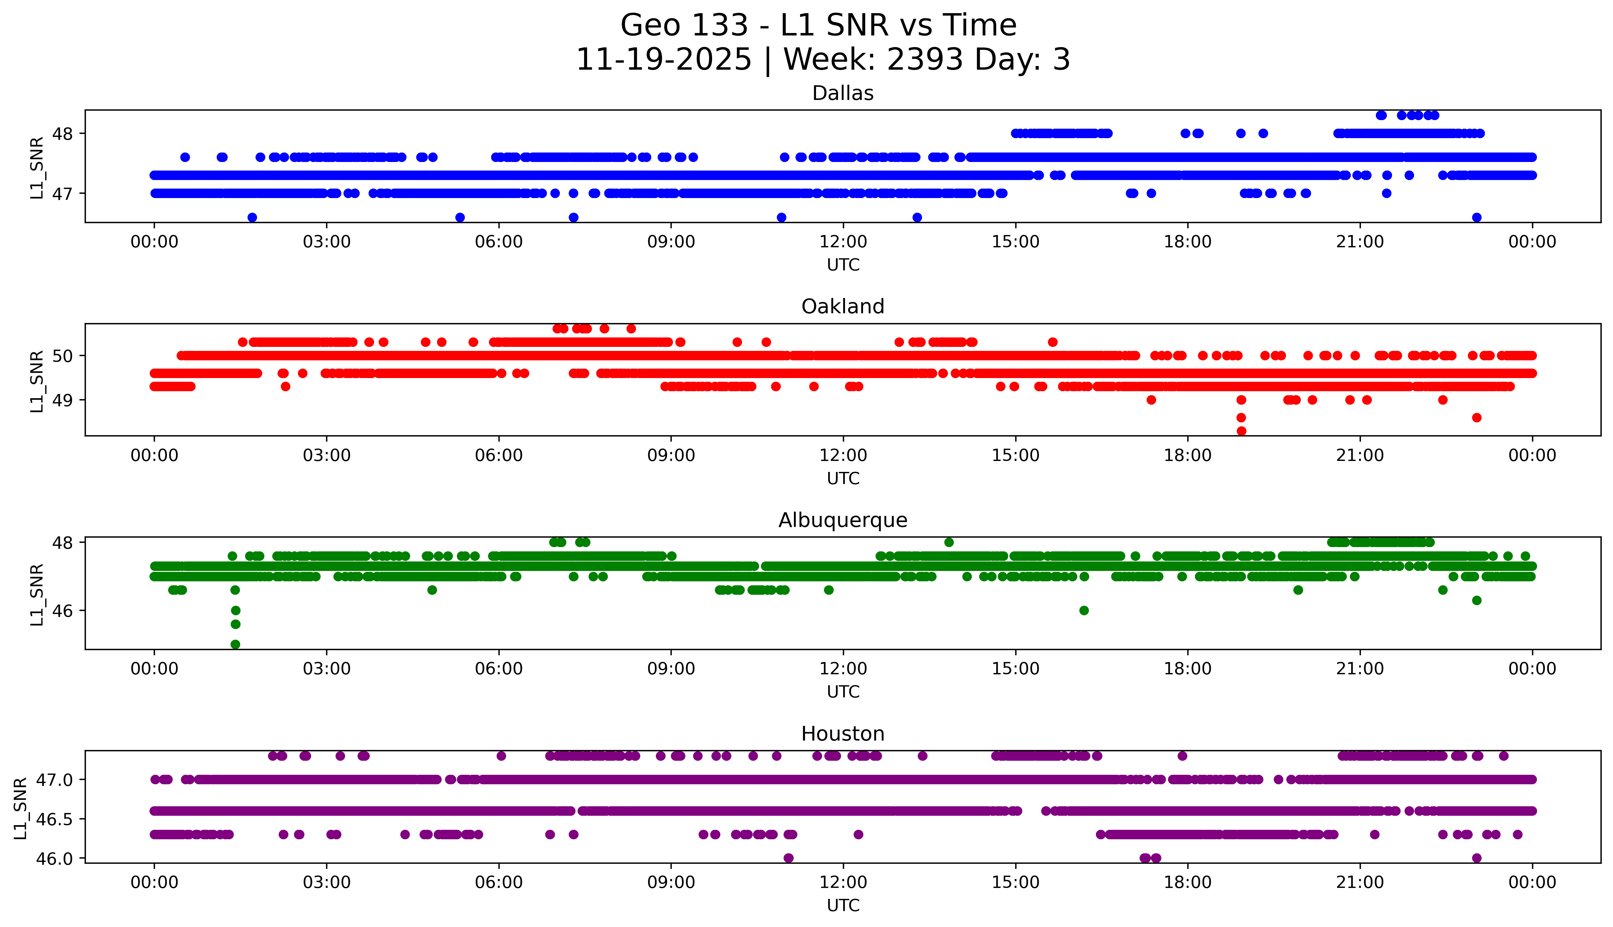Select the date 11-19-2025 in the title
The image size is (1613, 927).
[x=663, y=60]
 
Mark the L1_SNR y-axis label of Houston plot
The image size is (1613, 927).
[x=20, y=809]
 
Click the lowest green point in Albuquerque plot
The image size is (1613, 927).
[x=235, y=644]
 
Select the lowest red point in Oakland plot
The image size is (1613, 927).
[x=1241, y=431]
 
